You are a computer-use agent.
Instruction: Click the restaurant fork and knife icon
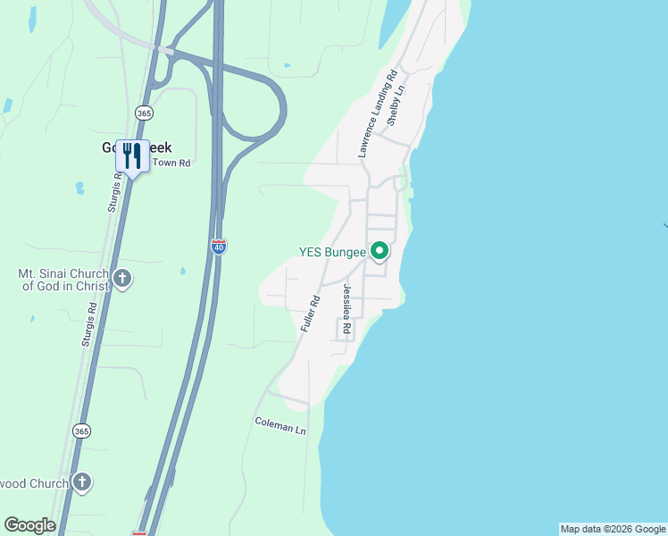pyautogui.click(x=132, y=156)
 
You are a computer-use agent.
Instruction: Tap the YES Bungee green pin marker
pyautogui.click(x=380, y=252)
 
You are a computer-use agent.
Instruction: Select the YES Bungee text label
pyautogui.click(x=332, y=252)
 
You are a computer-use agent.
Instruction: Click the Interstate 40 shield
pyautogui.click(x=219, y=246)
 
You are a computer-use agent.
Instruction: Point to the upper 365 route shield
pyautogui.click(x=143, y=112)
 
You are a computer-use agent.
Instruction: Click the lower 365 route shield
pyautogui.click(x=82, y=431)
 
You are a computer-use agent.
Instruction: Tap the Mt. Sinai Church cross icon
pyautogui.click(x=122, y=280)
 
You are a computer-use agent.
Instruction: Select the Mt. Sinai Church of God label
pyautogui.click(x=63, y=279)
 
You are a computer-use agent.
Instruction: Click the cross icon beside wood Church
pyautogui.click(x=82, y=483)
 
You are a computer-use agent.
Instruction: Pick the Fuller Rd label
pyautogui.click(x=310, y=314)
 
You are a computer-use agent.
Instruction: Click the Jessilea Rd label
pyautogui.click(x=347, y=312)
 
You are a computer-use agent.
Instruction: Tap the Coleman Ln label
pyautogui.click(x=280, y=425)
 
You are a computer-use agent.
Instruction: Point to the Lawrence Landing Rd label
pyautogui.click(x=376, y=113)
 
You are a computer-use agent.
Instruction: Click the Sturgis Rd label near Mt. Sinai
pyautogui.click(x=93, y=320)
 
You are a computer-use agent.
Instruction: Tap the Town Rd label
pyautogui.click(x=171, y=163)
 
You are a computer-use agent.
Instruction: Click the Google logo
pyautogui.click(x=29, y=525)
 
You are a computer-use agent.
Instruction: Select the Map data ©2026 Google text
pyautogui.click(x=613, y=529)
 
